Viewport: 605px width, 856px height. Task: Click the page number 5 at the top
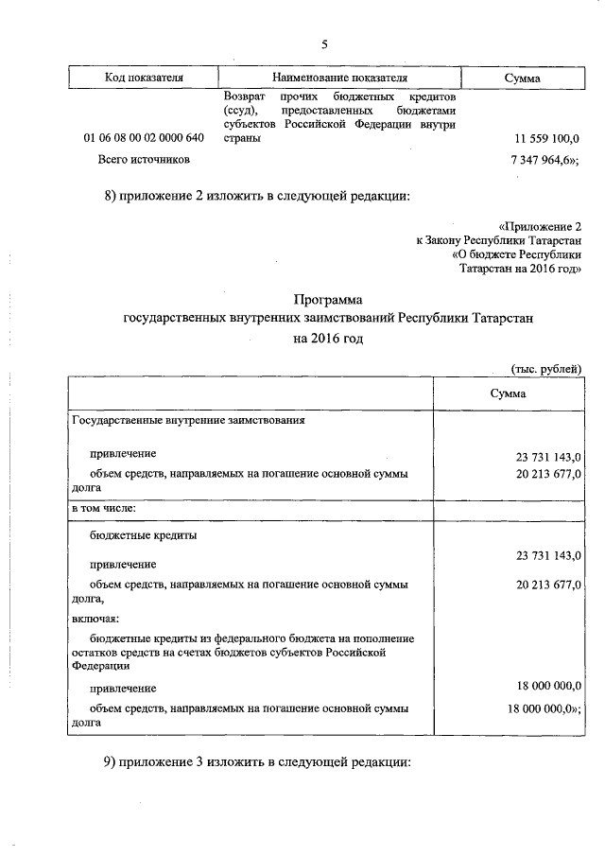click(324, 44)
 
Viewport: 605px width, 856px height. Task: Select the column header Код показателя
click(144, 78)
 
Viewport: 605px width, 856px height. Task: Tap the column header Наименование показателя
click(339, 78)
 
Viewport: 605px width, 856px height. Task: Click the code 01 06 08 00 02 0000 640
click(144, 138)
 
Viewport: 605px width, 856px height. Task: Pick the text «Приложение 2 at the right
click(543, 227)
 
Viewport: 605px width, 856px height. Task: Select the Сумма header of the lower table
click(508, 393)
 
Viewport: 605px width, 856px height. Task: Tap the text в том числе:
click(104, 509)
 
